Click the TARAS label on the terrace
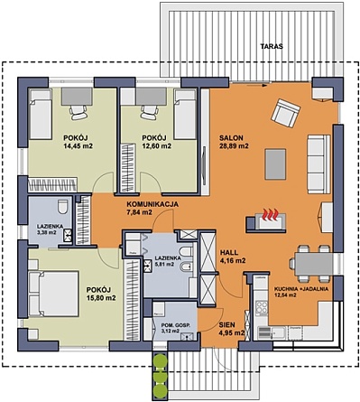(x=272, y=46)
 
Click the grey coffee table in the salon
(x=275, y=164)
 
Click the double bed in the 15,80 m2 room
(x=54, y=294)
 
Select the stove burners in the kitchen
(x=261, y=308)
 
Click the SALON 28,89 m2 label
(x=234, y=142)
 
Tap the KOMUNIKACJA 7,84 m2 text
(x=152, y=208)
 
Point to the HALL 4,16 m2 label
(x=233, y=257)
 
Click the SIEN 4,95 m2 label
(x=231, y=329)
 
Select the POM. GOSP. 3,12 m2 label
(x=176, y=328)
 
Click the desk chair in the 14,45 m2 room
(x=78, y=113)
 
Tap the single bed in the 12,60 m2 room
(x=185, y=115)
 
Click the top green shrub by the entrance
(x=160, y=360)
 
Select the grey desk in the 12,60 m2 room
(x=152, y=96)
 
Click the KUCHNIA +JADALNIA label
(x=301, y=292)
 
